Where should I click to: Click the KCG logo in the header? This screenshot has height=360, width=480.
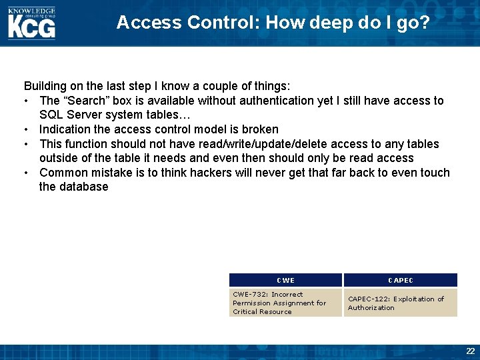(x=31, y=27)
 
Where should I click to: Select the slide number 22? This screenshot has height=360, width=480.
(x=470, y=351)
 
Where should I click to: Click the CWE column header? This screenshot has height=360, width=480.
(x=285, y=281)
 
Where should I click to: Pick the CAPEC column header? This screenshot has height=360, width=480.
(x=401, y=281)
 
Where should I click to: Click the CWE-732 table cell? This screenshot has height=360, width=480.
(x=285, y=303)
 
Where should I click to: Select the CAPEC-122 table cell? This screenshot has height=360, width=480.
(x=400, y=303)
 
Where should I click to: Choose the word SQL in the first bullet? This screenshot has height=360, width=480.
(x=51, y=115)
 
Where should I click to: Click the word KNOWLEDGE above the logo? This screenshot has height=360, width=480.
(x=31, y=11)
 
